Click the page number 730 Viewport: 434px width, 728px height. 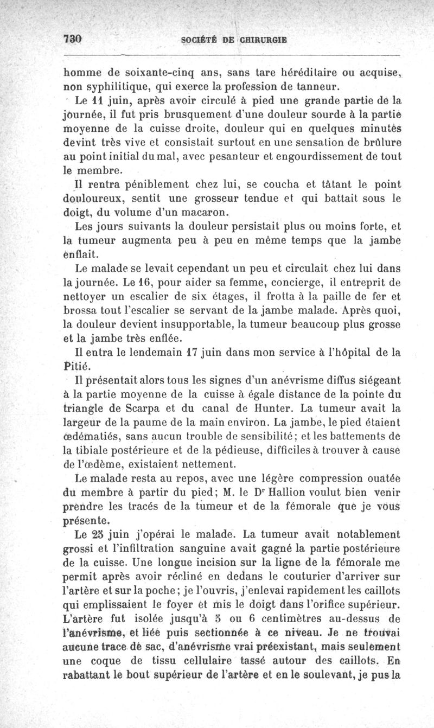click(72, 39)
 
